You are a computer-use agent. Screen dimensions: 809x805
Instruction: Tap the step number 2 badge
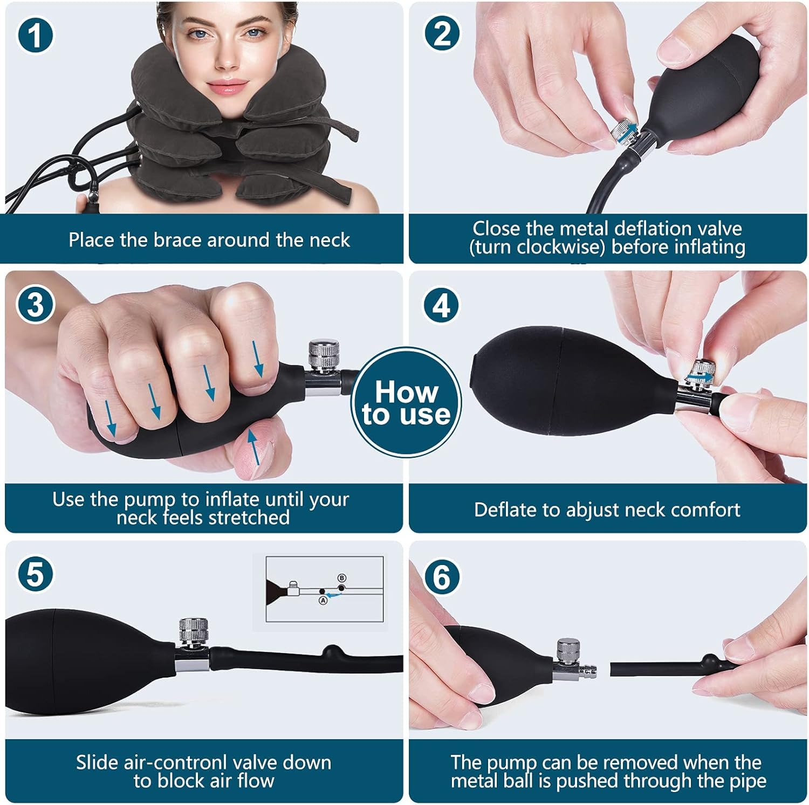click(442, 33)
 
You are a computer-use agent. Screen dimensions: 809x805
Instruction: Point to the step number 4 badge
click(442, 305)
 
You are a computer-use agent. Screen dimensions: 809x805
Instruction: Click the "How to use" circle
click(406, 403)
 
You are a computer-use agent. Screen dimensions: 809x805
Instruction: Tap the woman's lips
click(222, 86)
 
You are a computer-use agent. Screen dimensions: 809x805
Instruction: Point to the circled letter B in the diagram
click(341, 578)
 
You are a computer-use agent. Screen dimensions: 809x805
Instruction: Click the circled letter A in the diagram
click(323, 600)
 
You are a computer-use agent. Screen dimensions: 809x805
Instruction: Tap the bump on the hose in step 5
click(330, 650)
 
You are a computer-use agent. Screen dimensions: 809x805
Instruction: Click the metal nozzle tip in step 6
click(585, 672)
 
